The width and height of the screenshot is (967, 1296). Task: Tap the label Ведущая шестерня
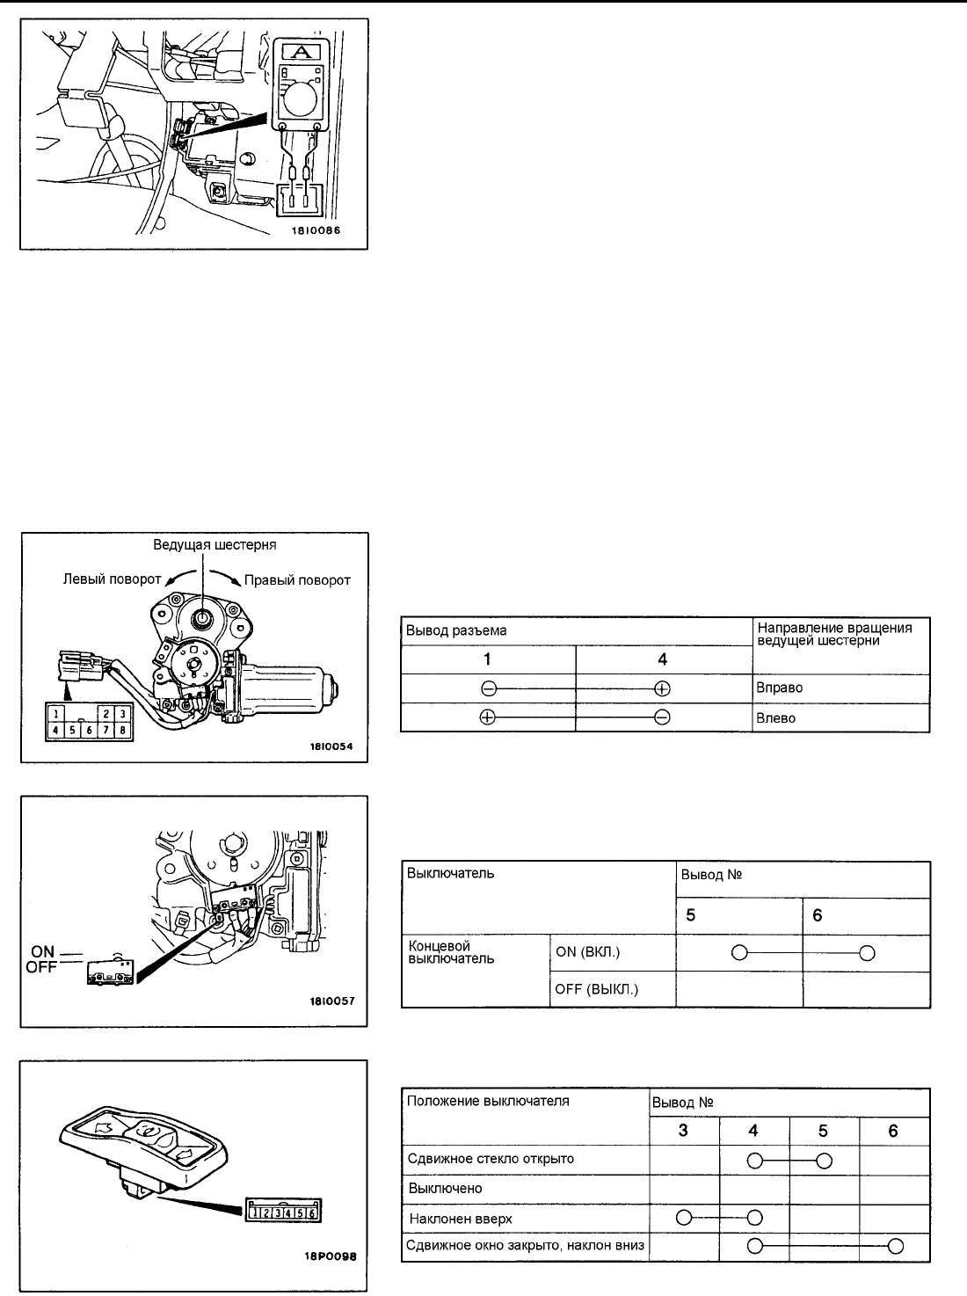(x=214, y=545)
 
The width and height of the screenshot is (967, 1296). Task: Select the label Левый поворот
(x=112, y=579)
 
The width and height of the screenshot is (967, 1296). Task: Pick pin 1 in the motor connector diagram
(x=56, y=713)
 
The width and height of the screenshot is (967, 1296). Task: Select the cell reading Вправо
(x=779, y=688)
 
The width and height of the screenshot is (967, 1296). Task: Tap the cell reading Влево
(x=776, y=717)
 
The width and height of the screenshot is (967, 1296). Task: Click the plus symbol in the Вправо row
(x=663, y=688)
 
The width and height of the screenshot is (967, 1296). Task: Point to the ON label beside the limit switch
(x=43, y=950)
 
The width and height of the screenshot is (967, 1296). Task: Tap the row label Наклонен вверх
(x=461, y=1219)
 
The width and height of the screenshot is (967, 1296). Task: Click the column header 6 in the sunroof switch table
(x=893, y=1132)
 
